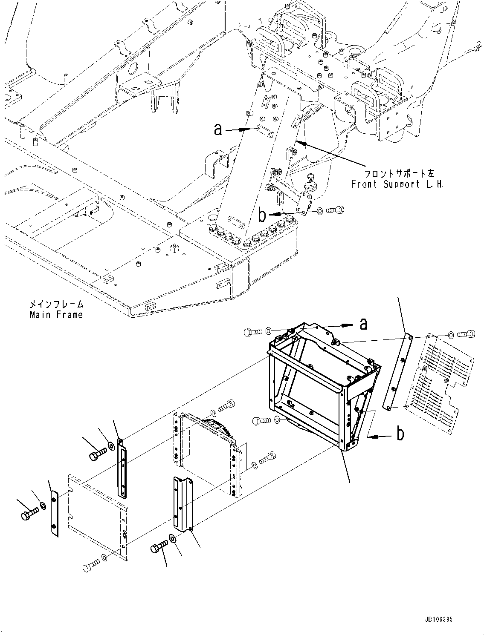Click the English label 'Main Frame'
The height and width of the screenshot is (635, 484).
56,315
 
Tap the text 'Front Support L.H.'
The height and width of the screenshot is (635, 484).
397,184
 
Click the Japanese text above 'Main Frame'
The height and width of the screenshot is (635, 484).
56,305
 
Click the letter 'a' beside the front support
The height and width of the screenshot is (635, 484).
218,129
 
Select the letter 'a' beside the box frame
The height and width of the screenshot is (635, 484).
363,324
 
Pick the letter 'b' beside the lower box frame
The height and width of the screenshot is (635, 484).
400,434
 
